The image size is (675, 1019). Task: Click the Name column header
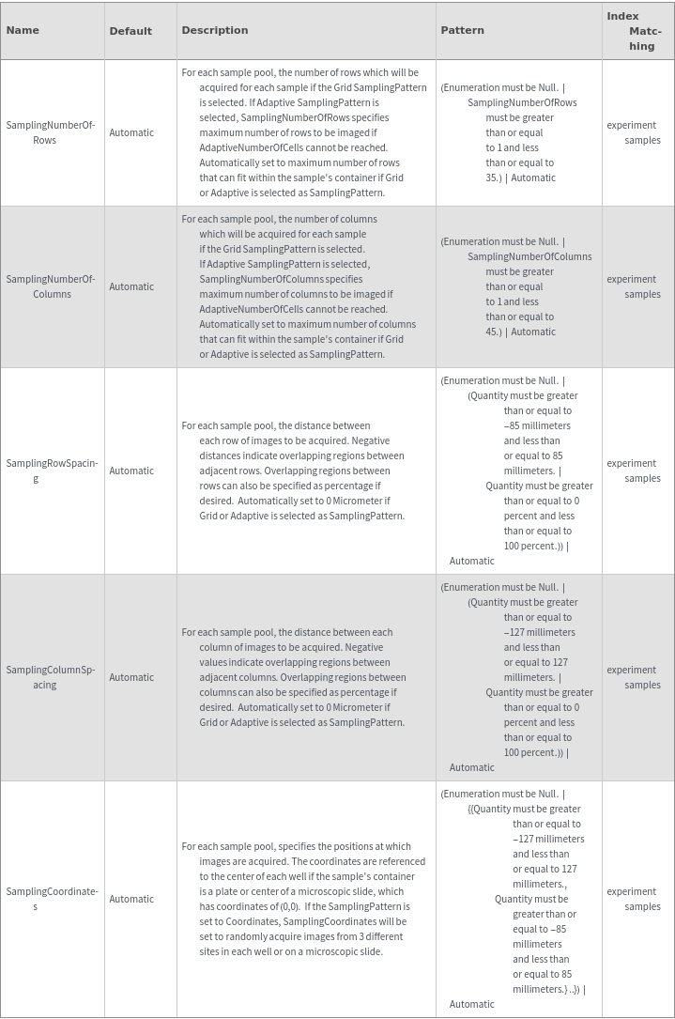coord(23,30)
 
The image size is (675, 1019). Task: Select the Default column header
coord(130,31)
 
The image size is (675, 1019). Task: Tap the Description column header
coord(215,30)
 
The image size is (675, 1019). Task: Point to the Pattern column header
coord(463,30)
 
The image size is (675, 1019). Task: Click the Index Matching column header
coord(635,31)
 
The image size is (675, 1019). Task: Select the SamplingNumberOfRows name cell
coord(51,132)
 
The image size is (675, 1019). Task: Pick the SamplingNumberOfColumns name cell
coord(51,286)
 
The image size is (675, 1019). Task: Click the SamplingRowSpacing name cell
coord(52,471)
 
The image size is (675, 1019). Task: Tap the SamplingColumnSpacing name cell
coord(51,677)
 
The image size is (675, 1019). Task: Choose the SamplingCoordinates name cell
coord(52,899)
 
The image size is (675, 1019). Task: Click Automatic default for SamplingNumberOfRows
coord(131,132)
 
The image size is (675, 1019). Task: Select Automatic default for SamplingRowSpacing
coord(131,471)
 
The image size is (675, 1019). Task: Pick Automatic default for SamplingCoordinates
coord(131,899)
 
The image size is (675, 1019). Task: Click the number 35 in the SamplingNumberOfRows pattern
coord(492,178)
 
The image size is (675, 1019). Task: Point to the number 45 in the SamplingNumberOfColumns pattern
coord(492,332)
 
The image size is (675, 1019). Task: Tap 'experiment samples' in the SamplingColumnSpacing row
coord(634,677)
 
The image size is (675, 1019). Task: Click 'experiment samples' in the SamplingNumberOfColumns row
coord(634,286)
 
